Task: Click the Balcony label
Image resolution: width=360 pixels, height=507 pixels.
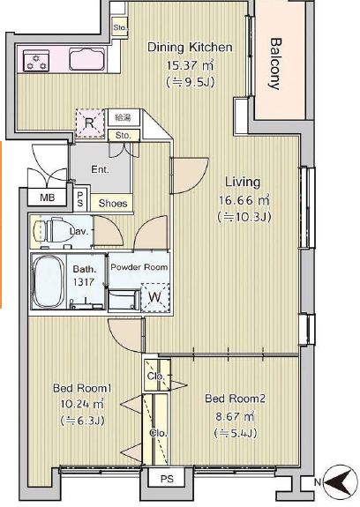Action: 275,63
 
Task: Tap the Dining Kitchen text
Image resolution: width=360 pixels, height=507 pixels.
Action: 190,48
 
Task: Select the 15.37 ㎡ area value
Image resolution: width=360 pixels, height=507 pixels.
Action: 190,65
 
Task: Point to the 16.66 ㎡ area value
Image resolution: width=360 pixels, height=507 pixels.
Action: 244,200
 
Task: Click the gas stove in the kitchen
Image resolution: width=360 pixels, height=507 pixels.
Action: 36,61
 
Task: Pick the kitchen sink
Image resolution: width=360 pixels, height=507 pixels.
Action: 87,59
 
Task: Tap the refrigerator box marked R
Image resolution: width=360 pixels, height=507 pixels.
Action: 90,123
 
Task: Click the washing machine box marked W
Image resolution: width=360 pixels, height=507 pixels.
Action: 155,297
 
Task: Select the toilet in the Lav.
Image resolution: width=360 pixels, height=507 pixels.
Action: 53,230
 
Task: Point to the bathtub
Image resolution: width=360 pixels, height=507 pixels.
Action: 49,281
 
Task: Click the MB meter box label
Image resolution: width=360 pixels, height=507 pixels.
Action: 48,198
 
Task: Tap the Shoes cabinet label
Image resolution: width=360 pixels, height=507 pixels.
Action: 113,204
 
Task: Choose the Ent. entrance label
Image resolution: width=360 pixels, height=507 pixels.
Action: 100,169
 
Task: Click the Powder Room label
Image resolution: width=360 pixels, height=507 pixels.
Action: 139,267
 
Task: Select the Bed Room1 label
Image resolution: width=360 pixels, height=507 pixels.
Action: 83,388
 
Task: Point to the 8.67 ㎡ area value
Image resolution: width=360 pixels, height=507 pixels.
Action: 236,416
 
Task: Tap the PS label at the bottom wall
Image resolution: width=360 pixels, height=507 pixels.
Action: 167,479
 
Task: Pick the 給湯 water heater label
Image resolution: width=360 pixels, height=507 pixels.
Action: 124,117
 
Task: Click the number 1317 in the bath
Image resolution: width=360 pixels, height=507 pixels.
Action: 84,282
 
